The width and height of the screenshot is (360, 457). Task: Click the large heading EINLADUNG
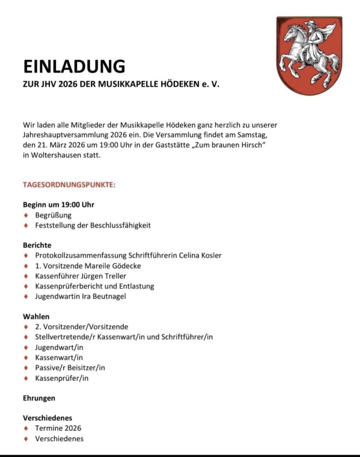pos(74,66)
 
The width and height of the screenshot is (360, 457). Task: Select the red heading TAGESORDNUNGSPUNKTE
pos(69,184)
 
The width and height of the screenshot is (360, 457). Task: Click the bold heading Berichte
pos(37,245)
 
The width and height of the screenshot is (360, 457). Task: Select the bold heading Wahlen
pos(36,316)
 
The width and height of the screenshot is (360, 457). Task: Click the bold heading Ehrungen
pos(39,398)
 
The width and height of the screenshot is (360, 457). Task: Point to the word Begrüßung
pos(53,215)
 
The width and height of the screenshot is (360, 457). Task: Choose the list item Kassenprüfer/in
pos(62,378)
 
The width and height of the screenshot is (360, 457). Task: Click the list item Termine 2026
pos(58,428)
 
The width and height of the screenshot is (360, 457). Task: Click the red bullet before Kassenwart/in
pos(26,357)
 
